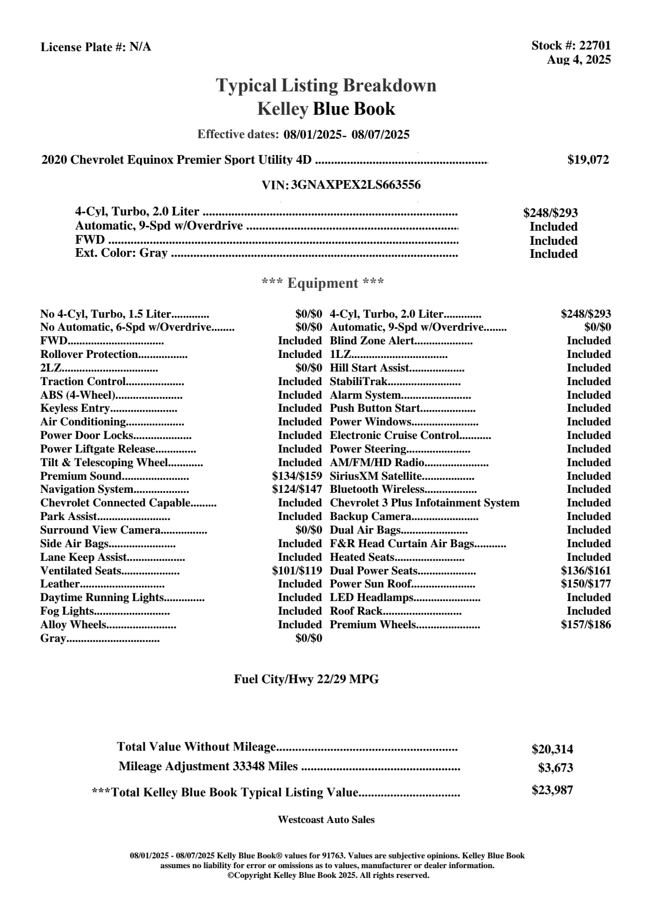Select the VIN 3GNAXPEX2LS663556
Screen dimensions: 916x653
(x=356, y=185)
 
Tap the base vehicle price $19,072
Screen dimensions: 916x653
(x=588, y=160)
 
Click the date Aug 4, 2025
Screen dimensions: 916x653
(x=579, y=59)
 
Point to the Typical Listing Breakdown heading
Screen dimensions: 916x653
(x=326, y=85)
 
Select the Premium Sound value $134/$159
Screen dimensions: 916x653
(x=297, y=476)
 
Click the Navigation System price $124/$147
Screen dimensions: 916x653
(x=297, y=490)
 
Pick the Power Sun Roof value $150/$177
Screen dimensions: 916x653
(x=586, y=584)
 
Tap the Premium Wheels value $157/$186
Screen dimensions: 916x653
(x=586, y=624)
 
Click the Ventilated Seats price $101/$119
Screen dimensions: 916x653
(x=297, y=571)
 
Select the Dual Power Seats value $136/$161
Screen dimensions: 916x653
(x=586, y=571)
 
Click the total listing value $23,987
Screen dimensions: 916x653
(x=552, y=790)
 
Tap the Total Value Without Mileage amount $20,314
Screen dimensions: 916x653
(x=552, y=749)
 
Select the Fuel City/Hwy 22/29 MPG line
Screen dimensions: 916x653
(x=306, y=679)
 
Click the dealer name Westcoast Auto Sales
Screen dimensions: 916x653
(x=326, y=820)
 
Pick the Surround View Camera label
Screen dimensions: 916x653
(x=100, y=530)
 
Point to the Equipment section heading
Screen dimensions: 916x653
(x=322, y=283)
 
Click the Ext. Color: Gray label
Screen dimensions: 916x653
(x=121, y=253)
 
